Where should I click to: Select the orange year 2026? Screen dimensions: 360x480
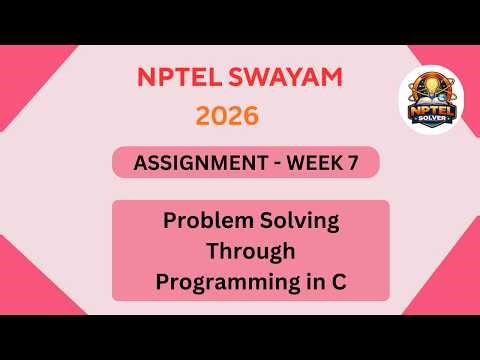click(227, 116)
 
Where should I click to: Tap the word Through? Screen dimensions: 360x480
click(249, 251)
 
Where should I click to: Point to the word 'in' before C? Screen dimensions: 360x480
click(315, 281)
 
